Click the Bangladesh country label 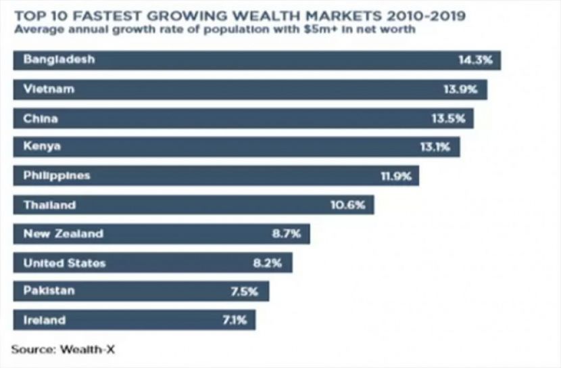[x=59, y=60]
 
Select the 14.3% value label [x=479, y=60]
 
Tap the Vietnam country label [x=49, y=89]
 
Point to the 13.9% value [x=465, y=89]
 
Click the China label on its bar [x=41, y=118]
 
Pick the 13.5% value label [x=451, y=118]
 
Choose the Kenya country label [x=42, y=146]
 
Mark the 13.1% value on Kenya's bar [x=437, y=146]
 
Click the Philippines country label [x=57, y=175]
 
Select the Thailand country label [x=49, y=204]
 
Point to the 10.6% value [x=351, y=204]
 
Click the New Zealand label [x=64, y=234]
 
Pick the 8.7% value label [x=287, y=234]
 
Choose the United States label [x=64, y=263]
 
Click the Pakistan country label [x=49, y=291]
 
